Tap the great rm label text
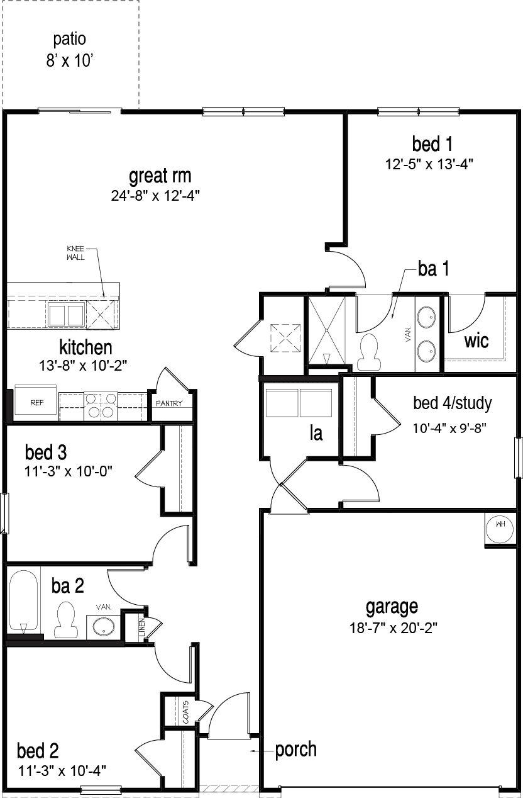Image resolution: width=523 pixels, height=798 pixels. (160, 175)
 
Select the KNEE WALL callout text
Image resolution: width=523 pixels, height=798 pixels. (75, 252)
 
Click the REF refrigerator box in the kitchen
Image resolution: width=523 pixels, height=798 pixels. (37, 403)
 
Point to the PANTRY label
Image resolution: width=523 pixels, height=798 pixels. (168, 403)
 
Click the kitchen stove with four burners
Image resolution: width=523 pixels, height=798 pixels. (101, 405)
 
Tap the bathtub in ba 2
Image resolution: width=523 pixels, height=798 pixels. (23, 602)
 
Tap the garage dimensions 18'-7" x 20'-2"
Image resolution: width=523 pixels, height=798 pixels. (392, 627)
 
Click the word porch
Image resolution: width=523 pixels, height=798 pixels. (295, 750)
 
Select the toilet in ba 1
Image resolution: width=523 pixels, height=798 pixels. (368, 351)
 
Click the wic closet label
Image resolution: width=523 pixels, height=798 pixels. (476, 340)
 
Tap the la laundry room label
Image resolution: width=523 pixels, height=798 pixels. (316, 433)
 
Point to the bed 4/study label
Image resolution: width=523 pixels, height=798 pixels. (452, 402)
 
